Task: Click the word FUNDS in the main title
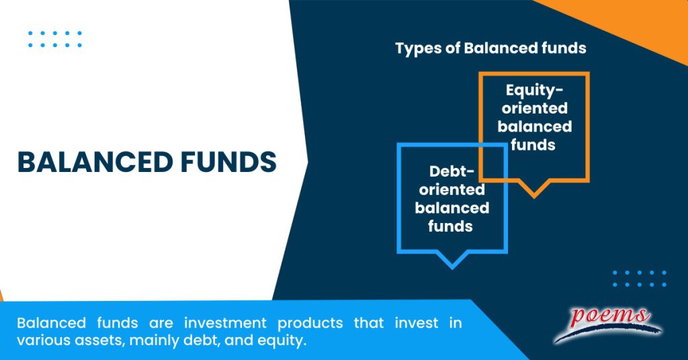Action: pyautogui.click(x=228, y=163)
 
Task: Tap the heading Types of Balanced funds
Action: pyautogui.click(x=490, y=48)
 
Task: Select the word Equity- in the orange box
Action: pyautogui.click(x=534, y=90)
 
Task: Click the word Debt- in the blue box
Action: pyautogui.click(x=451, y=172)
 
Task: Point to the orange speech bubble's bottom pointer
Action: pyautogui.click(x=534, y=191)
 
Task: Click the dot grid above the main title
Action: pyautogui.click(x=55, y=39)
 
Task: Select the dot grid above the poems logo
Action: pyautogui.click(x=639, y=279)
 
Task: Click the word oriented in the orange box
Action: pyautogui.click(x=534, y=108)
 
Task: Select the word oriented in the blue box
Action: pyautogui.click(x=451, y=190)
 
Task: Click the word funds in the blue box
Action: pyautogui.click(x=451, y=226)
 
